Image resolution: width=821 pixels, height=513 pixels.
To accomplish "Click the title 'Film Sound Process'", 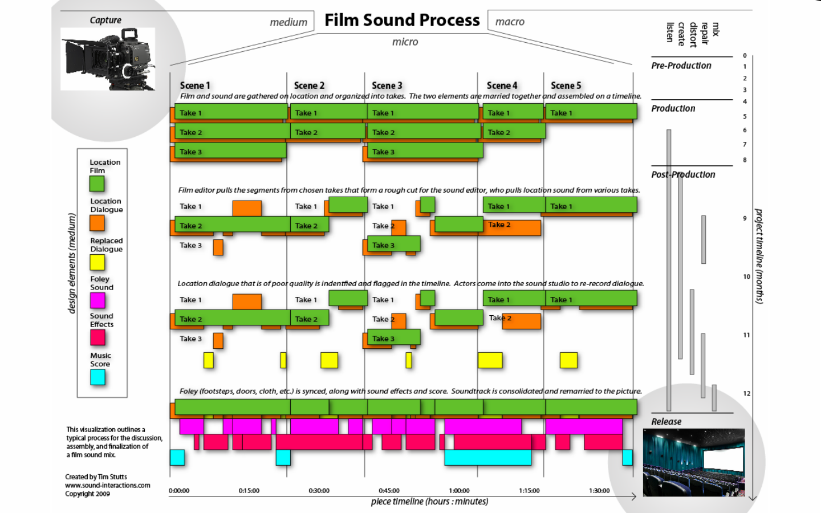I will (402, 21).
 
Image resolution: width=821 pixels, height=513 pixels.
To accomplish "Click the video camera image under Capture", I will (108, 59).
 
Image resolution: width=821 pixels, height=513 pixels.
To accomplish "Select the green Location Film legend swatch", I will (97, 184).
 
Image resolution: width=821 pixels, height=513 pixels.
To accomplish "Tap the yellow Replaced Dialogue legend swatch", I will (97, 262).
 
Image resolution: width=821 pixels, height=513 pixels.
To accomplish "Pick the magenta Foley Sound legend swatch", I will (97, 300).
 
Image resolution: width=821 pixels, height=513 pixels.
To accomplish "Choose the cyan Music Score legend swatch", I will (97, 377).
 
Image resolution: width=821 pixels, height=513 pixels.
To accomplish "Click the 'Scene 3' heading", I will (387, 85).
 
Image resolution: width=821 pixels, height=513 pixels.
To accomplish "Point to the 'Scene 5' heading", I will (566, 85).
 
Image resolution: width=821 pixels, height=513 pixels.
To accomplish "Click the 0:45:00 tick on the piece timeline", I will (389, 491).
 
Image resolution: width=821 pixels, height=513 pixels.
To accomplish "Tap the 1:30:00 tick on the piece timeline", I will (599, 491).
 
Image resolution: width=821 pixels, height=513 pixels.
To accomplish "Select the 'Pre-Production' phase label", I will (681, 66).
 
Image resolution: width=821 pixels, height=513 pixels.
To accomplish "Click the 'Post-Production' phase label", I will (683, 175).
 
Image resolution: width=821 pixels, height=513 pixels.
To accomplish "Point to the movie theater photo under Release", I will (693, 462).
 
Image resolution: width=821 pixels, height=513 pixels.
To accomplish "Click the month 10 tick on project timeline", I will (746, 277).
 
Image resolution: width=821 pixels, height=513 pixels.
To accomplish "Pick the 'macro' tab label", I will (510, 22).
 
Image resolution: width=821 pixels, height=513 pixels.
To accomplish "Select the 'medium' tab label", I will (288, 22).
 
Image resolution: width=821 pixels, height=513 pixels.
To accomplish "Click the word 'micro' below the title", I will (405, 42).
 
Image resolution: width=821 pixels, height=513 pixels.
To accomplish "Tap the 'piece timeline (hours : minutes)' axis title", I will (429, 502).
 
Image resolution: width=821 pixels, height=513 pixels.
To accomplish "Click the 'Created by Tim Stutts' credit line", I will (96, 477).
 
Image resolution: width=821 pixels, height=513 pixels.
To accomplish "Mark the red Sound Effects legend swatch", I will (97, 337).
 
